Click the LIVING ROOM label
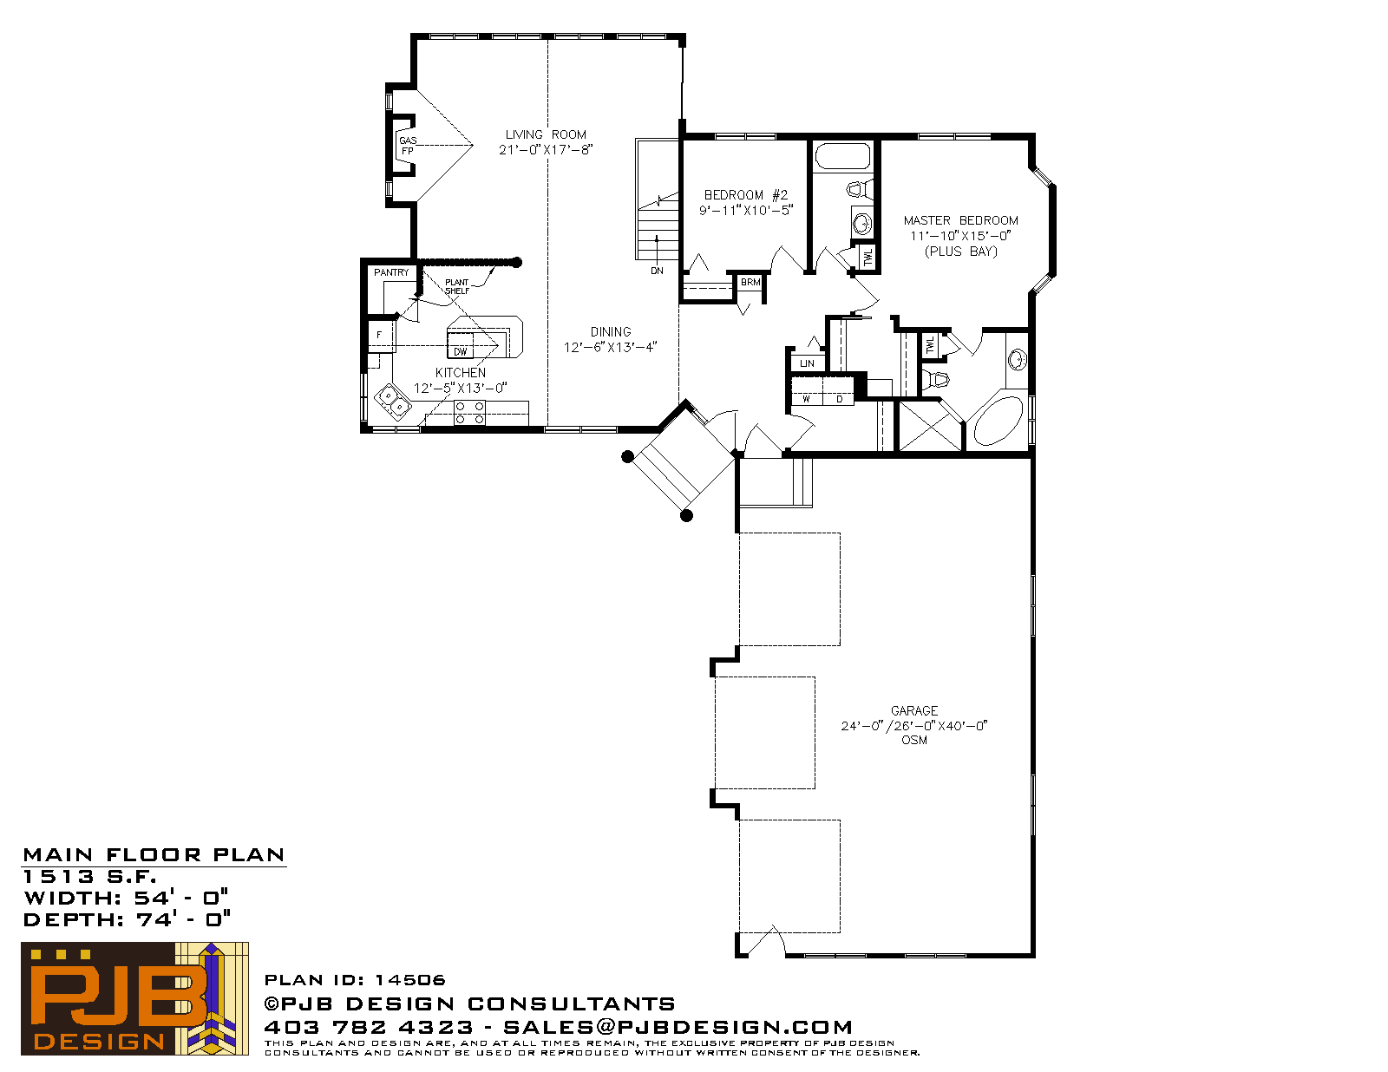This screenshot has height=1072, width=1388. click(546, 134)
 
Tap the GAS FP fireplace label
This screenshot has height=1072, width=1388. click(408, 146)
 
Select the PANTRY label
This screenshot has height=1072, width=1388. click(391, 272)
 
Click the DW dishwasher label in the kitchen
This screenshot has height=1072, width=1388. click(460, 352)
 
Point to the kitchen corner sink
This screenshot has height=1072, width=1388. click(392, 402)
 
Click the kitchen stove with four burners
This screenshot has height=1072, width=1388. click(468, 413)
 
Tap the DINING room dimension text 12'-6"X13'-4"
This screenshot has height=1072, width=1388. click(610, 347)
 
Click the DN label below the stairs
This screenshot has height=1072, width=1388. click(657, 271)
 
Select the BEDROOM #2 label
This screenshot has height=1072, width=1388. click(745, 195)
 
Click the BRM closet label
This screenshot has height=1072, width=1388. click(750, 282)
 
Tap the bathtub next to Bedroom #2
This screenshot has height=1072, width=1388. click(842, 156)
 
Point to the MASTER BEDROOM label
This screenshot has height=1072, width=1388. click(960, 220)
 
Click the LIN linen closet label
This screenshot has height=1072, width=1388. click(807, 363)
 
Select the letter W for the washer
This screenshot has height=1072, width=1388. click(806, 399)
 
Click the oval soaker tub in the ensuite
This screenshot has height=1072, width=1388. click(998, 421)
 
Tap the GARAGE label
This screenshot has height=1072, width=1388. click(914, 710)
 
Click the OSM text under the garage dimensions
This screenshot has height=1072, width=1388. click(914, 740)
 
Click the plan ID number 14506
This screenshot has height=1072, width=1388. click(409, 980)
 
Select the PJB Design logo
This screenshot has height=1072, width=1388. click(134, 998)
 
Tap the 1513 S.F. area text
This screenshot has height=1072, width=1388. click(89, 877)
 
